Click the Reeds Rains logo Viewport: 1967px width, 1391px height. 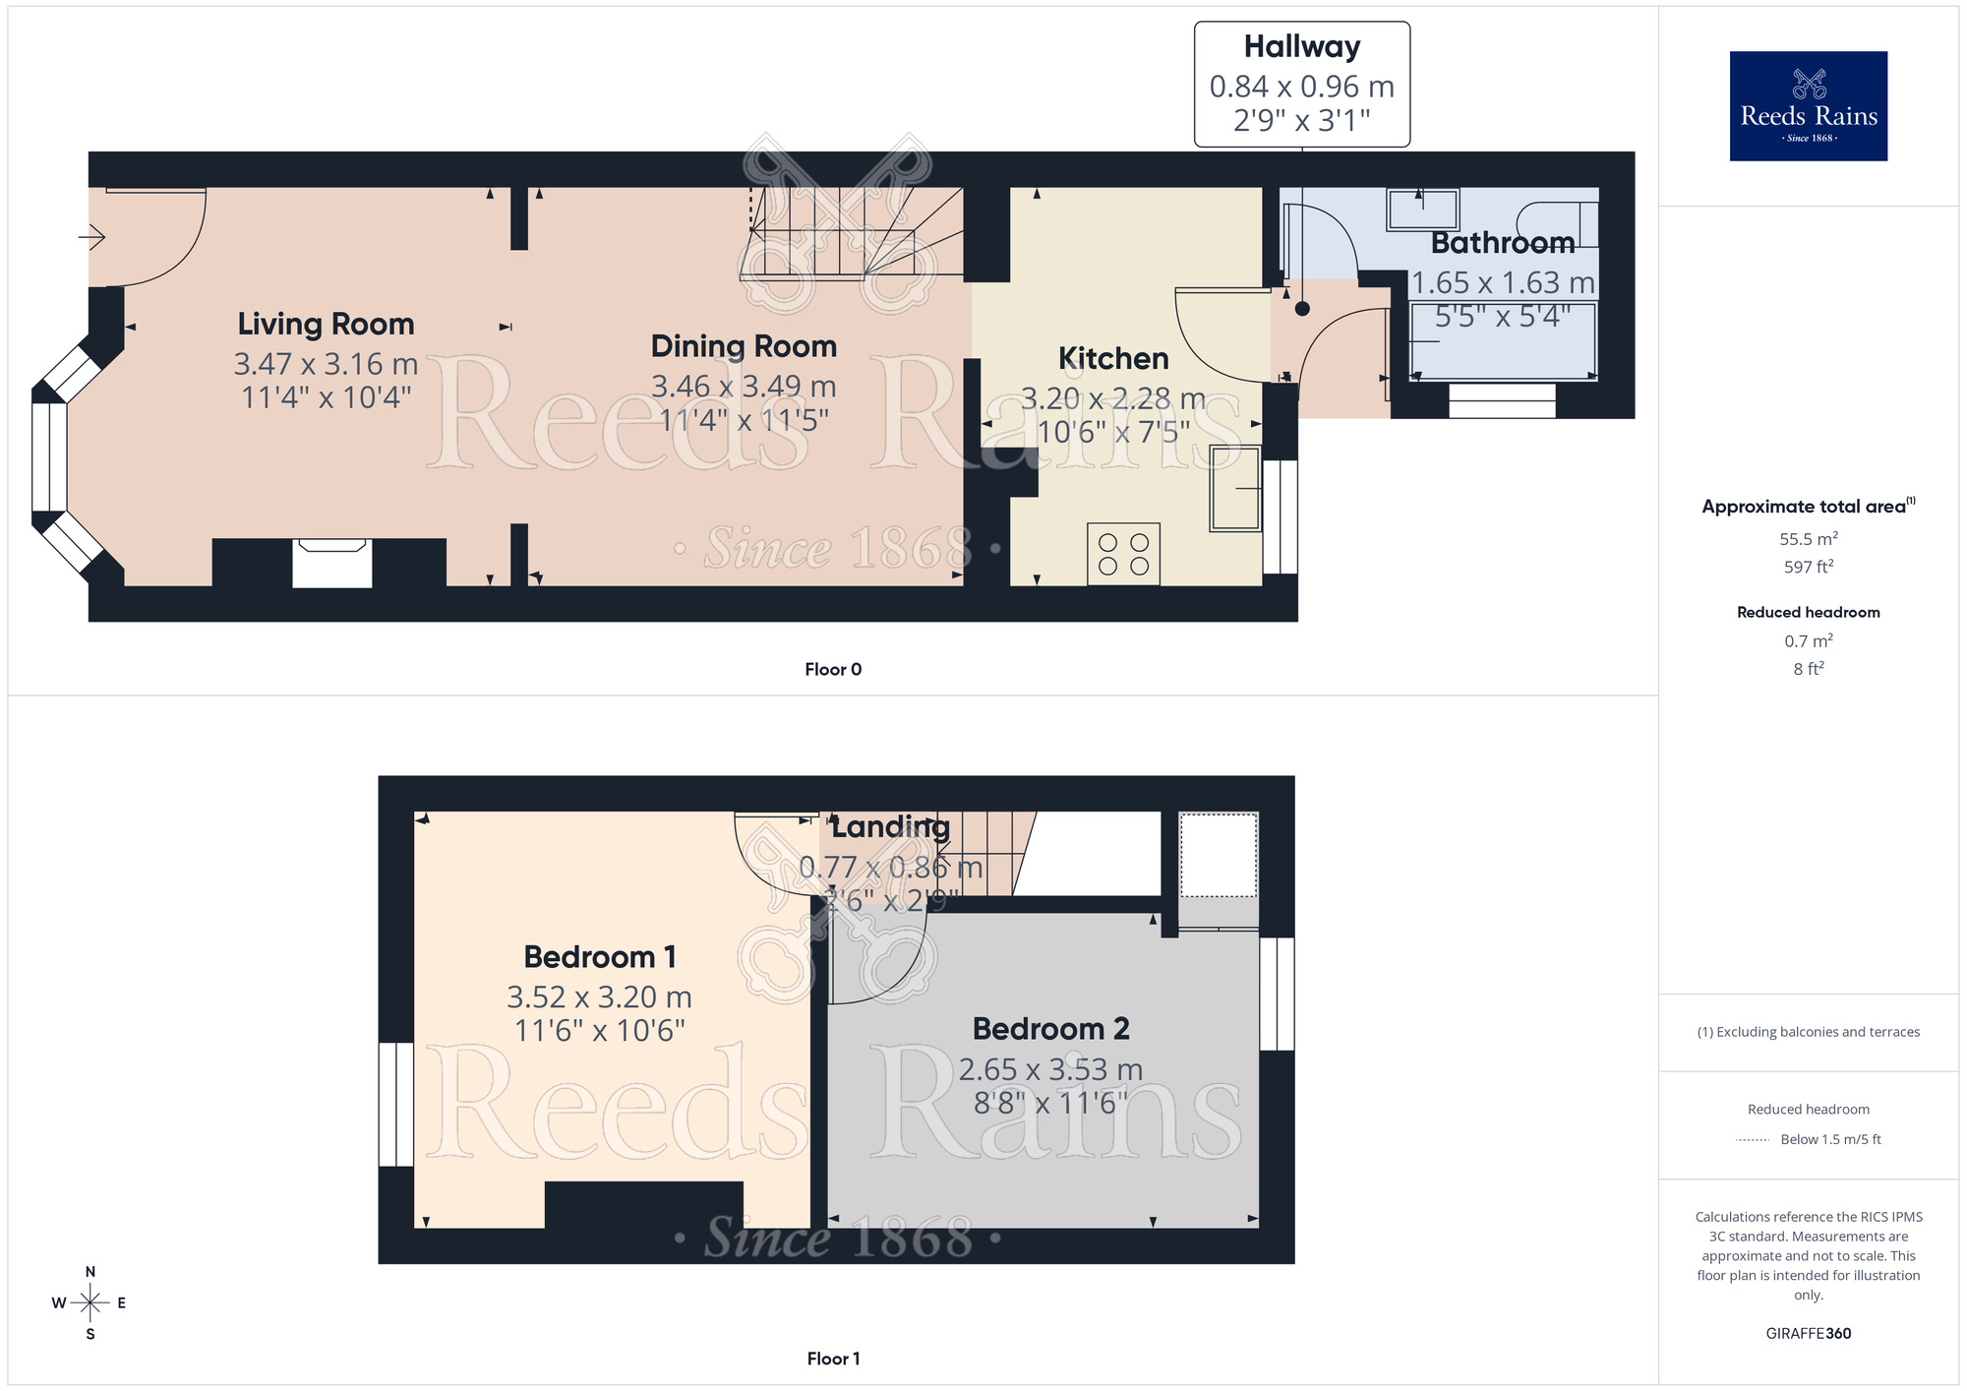point(1808,106)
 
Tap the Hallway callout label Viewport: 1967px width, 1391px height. point(1301,47)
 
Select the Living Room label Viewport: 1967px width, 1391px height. point(326,325)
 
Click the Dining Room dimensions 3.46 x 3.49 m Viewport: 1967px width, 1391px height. point(744,387)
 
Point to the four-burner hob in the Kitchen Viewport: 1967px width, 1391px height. point(1123,554)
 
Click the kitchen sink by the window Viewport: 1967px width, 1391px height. point(1235,489)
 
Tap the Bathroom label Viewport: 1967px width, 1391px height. point(1502,243)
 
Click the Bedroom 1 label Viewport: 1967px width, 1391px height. point(599,957)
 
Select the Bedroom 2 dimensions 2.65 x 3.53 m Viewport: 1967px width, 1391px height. point(1050,1069)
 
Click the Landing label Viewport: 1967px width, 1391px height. point(890,827)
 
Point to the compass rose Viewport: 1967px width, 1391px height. point(90,1303)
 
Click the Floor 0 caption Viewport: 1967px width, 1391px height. point(832,670)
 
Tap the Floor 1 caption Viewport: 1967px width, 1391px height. point(832,1359)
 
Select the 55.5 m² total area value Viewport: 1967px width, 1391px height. point(1808,539)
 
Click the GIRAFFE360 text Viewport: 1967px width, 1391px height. point(1808,1334)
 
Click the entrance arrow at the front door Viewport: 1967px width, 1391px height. point(92,237)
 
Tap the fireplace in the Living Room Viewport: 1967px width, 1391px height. point(332,564)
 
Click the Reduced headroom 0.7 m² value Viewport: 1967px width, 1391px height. point(1808,641)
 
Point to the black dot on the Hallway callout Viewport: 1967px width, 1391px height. point(1302,309)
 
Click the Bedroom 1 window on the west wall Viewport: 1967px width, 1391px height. point(396,1104)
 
